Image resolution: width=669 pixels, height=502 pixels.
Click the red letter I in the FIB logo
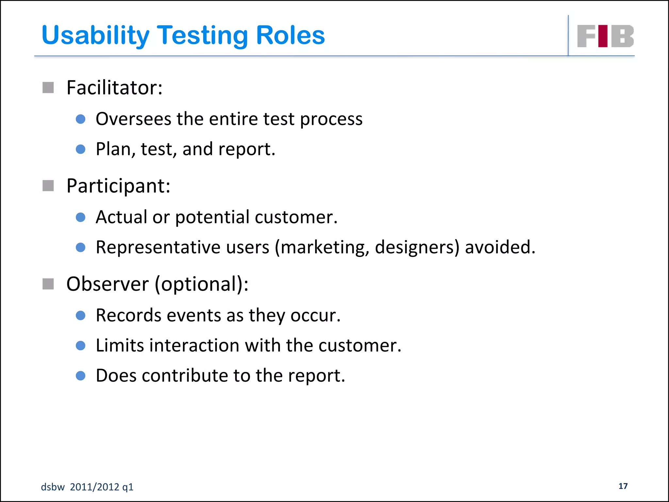pos(603,36)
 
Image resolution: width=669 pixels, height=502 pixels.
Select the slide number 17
pos(623,486)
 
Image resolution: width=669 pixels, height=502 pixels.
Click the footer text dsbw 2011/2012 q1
pos(87,487)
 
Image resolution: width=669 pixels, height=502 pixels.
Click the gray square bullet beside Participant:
pos(48,186)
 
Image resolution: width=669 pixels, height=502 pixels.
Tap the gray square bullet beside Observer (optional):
pos(48,284)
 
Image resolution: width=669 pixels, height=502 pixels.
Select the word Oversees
pos(133,119)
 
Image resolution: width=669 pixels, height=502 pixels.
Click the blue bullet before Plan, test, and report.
pos(80,149)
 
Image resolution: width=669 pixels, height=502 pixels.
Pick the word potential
pos(212,217)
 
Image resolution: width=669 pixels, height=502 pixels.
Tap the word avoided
pos(500,247)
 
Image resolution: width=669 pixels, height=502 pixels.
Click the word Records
pos(129,315)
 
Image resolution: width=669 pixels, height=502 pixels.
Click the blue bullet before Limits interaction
pos(80,345)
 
